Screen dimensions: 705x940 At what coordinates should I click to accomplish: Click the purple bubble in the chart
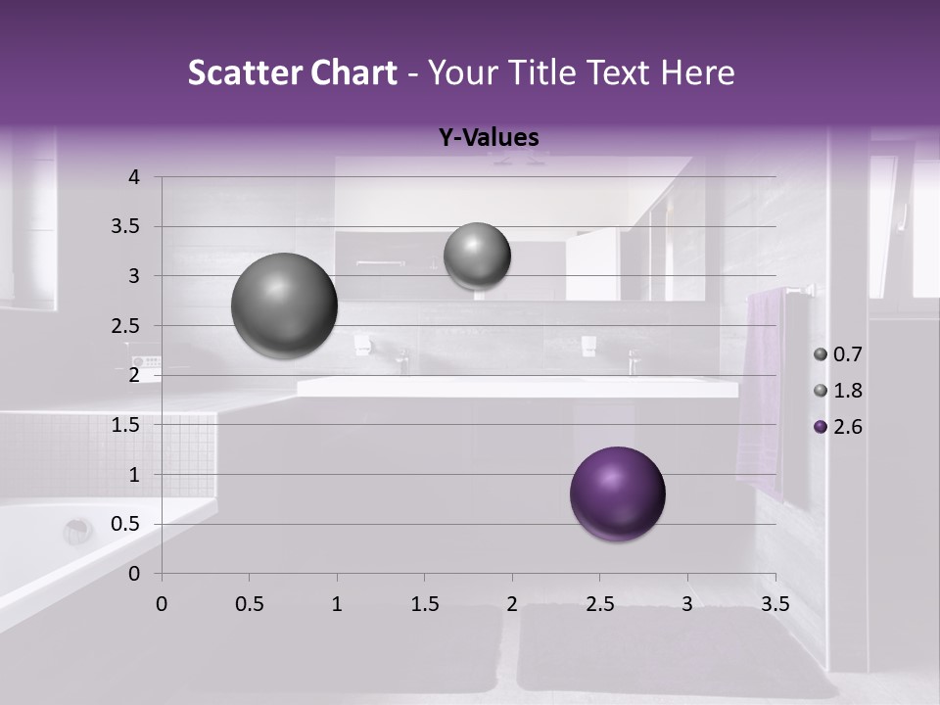coord(617,493)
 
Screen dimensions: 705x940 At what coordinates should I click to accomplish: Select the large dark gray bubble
coord(284,305)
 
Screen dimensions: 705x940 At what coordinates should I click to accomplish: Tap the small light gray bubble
coord(477,256)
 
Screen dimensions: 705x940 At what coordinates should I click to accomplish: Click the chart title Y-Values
coord(488,138)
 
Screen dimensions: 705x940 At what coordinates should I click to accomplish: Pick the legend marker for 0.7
coord(820,354)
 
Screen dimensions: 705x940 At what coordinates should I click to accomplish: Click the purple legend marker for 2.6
coord(820,427)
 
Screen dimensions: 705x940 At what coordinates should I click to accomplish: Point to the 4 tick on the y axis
coord(134,177)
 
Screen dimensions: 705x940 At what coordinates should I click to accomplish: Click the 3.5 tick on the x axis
coord(775,604)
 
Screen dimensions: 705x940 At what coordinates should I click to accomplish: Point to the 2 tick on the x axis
coord(512,604)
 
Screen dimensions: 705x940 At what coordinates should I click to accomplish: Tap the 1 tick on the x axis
coord(337,604)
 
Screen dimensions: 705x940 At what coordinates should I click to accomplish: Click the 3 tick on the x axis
coord(687,604)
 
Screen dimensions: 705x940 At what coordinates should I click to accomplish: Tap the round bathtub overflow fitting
coord(77,532)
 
